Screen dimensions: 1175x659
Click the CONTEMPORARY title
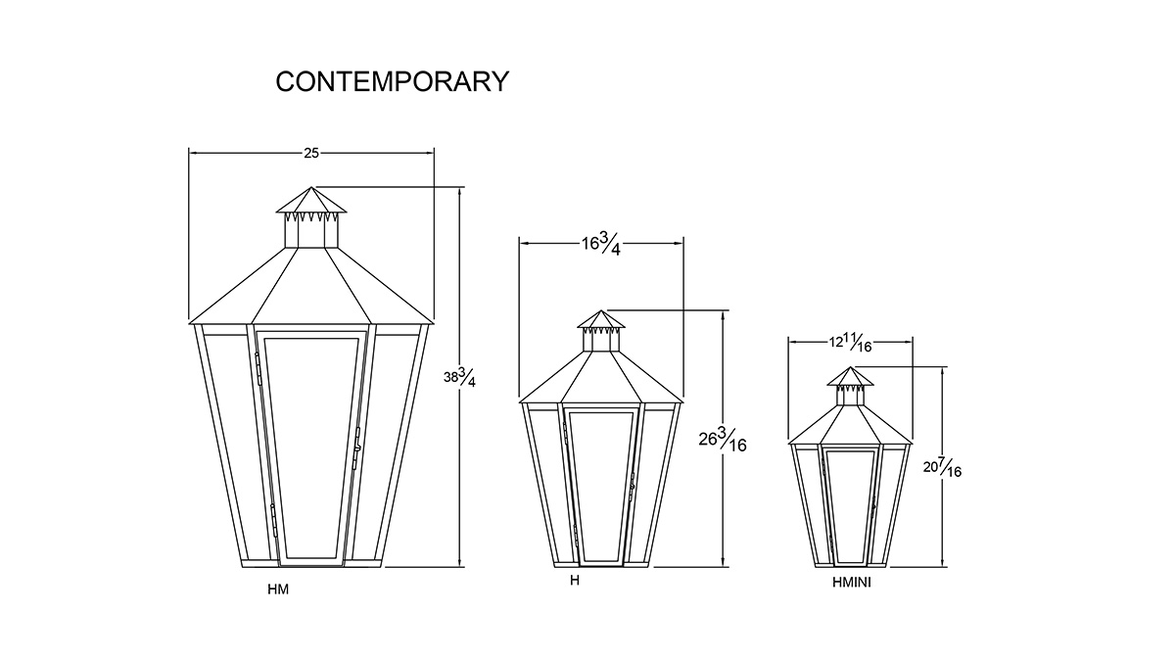point(392,81)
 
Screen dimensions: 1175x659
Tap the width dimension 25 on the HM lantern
point(311,153)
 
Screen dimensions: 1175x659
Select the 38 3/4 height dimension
point(459,377)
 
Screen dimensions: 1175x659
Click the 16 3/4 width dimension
point(601,244)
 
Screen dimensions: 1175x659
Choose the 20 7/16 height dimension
point(943,467)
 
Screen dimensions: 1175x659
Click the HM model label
point(278,589)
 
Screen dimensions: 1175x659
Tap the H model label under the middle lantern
point(575,581)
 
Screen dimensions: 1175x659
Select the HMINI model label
point(851,583)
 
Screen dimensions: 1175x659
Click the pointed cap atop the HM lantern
point(311,201)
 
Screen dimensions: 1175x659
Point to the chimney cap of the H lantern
point(601,319)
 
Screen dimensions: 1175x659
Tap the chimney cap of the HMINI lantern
point(850,377)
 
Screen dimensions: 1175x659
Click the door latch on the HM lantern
point(356,448)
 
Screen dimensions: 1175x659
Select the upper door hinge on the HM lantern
point(258,369)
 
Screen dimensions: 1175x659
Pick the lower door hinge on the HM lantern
point(273,520)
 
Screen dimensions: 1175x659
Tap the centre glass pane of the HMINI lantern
point(850,506)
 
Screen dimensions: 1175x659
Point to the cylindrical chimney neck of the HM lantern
point(311,230)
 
